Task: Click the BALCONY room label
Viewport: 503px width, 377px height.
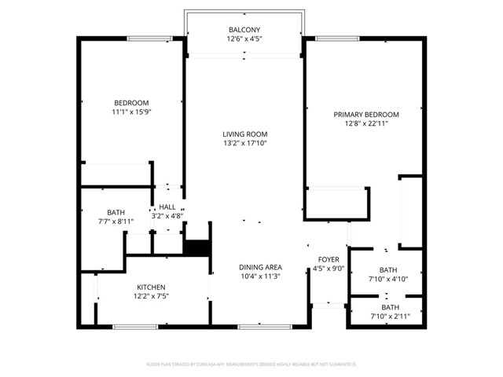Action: point(244,30)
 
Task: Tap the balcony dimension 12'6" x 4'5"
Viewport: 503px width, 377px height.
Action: point(244,39)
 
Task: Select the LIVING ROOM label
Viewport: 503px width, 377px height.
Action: point(244,134)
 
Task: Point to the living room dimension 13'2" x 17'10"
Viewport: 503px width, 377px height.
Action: point(244,144)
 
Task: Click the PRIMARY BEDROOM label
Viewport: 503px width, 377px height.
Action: point(366,115)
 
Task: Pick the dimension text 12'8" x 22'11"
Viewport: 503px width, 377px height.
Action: point(366,124)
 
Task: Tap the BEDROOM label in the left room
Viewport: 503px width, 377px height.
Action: point(131,103)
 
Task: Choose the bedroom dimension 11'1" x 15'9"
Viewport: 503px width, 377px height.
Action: point(131,112)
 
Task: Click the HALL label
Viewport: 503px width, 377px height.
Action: point(167,207)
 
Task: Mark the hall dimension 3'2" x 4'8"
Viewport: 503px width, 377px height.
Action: point(167,216)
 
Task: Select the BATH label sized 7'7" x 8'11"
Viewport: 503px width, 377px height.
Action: point(116,212)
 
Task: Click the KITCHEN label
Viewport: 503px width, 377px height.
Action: point(151,287)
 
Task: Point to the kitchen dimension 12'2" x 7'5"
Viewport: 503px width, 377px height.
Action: point(151,296)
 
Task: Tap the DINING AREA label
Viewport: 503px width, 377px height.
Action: point(260,267)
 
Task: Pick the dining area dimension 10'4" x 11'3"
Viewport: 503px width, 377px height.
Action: point(260,276)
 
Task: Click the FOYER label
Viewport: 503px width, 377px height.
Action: point(329,259)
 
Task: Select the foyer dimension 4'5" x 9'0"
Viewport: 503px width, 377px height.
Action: point(329,269)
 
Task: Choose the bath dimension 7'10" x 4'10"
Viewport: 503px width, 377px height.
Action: point(388,279)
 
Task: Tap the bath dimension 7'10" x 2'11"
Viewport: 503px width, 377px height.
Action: point(391,317)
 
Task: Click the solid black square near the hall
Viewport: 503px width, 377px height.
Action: point(196,246)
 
